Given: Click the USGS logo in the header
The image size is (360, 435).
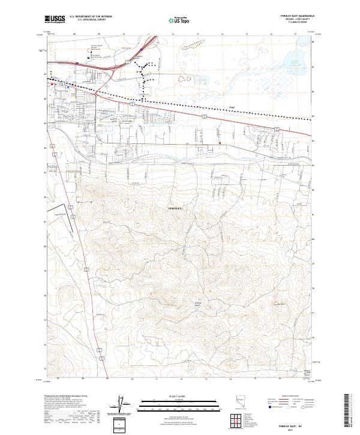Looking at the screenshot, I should [x=57, y=20].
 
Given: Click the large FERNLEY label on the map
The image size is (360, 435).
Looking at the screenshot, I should [x=172, y=207].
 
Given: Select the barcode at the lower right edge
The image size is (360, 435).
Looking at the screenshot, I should [x=347, y=411].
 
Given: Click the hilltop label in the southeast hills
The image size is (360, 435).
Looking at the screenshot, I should [x=278, y=304].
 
